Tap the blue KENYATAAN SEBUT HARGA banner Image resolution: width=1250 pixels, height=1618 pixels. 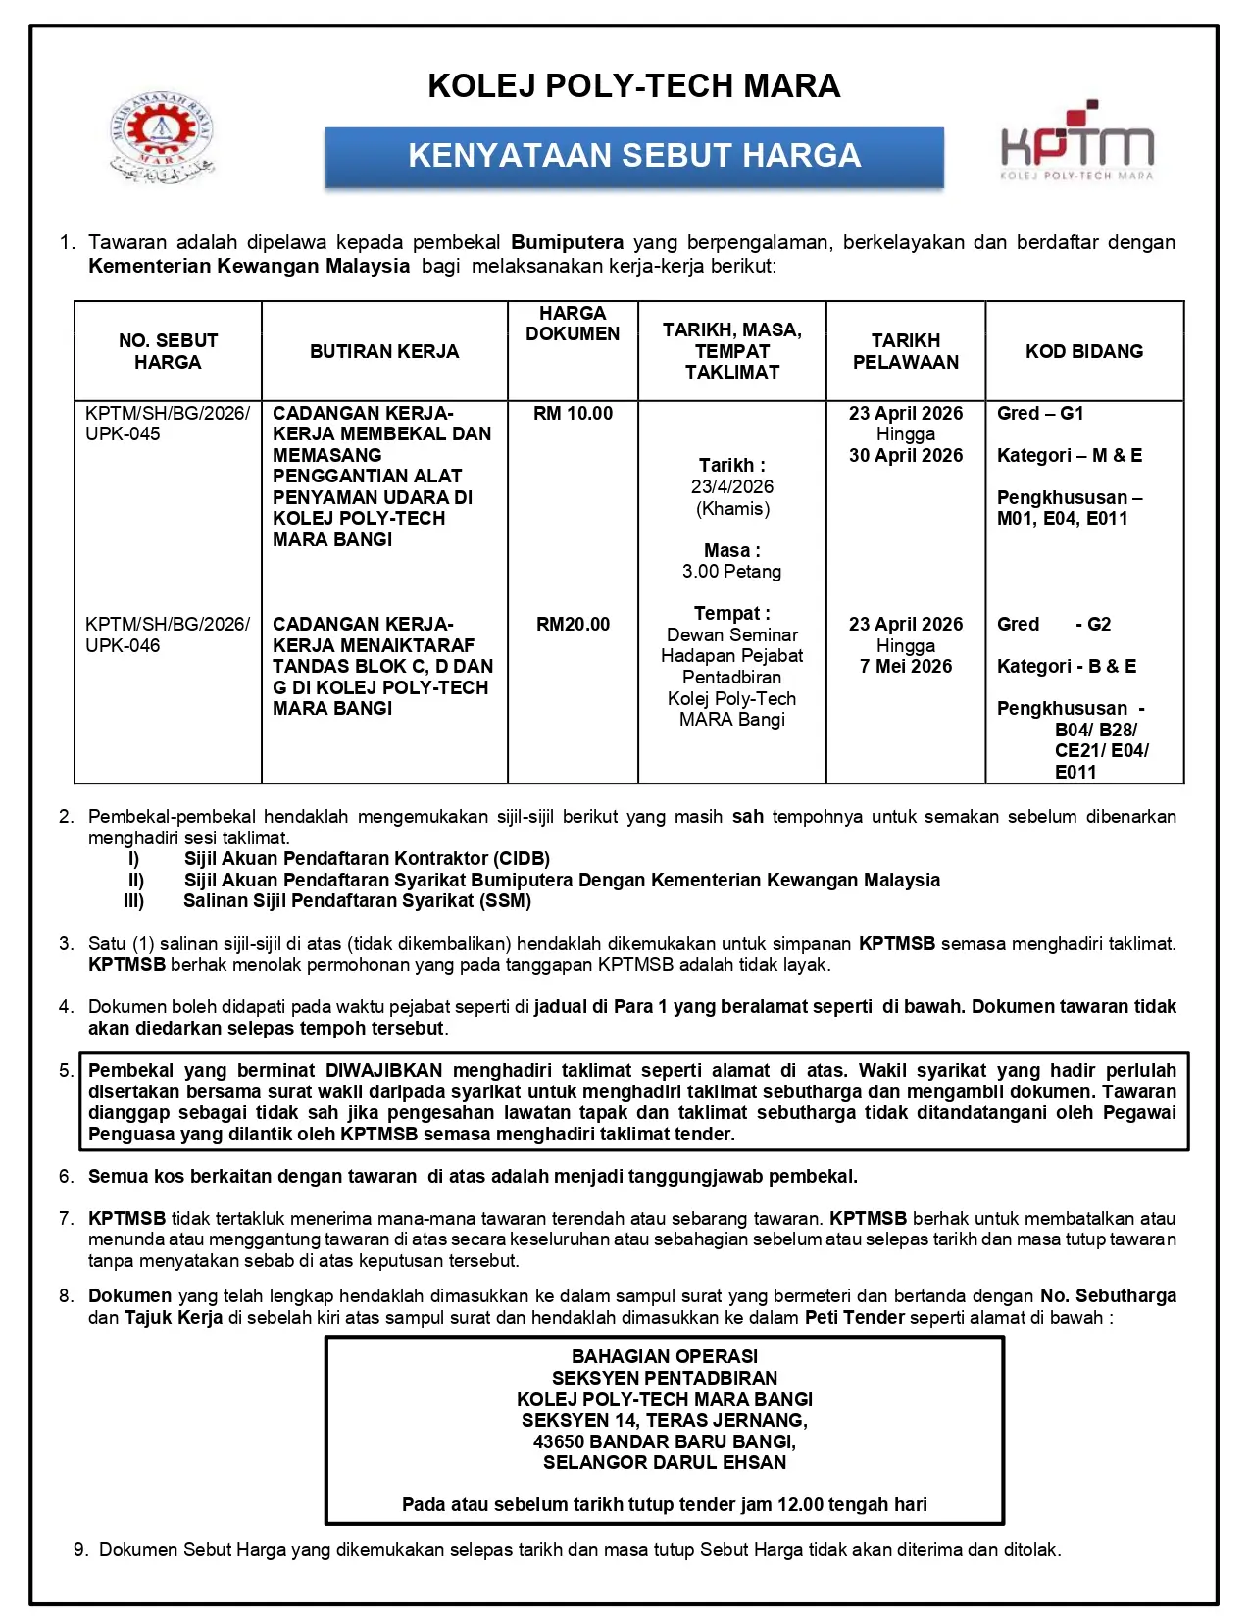pyautogui.click(x=634, y=156)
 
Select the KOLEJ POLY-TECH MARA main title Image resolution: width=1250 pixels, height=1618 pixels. pyautogui.click(x=634, y=86)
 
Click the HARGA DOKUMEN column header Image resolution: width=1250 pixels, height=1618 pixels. pyautogui.click(x=573, y=324)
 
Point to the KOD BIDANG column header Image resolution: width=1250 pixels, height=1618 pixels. pyautogui.click(x=1084, y=351)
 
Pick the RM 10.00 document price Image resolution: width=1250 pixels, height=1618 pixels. pyautogui.click(x=573, y=414)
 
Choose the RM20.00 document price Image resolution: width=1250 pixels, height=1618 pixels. pyautogui.click(x=573, y=625)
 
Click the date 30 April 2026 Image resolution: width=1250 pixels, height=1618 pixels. pyautogui.click(x=906, y=456)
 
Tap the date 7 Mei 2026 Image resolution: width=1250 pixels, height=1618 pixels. pyautogui.click(x=906, y=667)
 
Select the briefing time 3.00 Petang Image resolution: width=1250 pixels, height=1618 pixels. pyautogui.click(x=732, y=572)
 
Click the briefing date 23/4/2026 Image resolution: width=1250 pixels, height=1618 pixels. pyautogui.click(x=732, y=487)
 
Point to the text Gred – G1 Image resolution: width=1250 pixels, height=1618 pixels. pyautogui.click(x=1040, y=414)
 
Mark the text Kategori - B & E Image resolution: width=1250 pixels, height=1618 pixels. pyautogui.click(x=1067, y=667)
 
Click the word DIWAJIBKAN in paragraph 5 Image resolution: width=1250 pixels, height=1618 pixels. pyautogui.click(x=383, y=1071)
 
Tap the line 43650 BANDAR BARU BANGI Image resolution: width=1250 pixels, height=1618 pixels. pyautogui.click(x=665, y=1442)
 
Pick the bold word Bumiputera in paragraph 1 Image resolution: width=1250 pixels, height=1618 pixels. pyautogui.click(x=567, y=242)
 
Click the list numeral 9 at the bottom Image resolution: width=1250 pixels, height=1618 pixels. pyautogui.click(x=79, y=1550)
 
